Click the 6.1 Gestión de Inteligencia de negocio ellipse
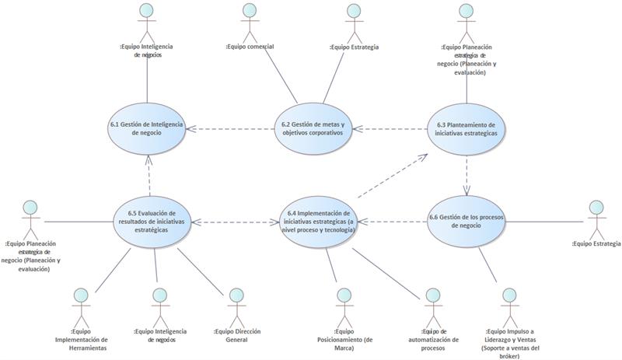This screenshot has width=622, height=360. click(146, 128)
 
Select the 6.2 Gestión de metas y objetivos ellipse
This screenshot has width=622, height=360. click(313, 128)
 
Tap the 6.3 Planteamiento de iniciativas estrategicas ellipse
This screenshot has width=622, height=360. click(466, 128)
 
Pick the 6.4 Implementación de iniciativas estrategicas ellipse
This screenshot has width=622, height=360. click(319, 222)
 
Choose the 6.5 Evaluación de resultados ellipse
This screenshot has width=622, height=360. click(153, 222)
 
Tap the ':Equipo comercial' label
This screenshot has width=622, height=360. click(249, 47)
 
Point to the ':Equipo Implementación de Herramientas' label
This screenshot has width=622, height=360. click(82, 340)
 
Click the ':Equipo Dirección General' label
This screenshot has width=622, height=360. click(237, 335)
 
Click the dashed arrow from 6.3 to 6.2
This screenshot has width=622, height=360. click(389, 129)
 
